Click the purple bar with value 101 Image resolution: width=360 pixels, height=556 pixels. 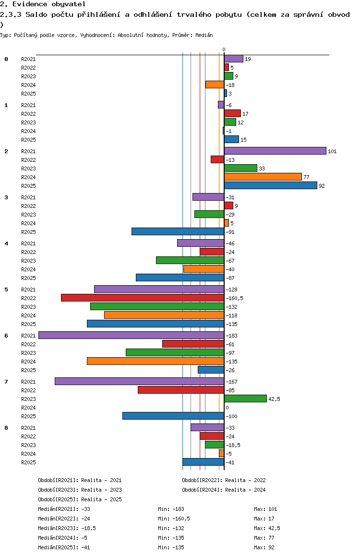pos(275,151)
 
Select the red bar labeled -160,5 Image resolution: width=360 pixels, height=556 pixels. pos(143,298)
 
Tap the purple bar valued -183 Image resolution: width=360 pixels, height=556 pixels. pos(131,336)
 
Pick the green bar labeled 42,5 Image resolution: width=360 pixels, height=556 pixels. pos(245,399)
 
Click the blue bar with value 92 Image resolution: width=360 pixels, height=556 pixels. pos(271,185)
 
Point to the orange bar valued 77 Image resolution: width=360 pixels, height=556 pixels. pos(263,177)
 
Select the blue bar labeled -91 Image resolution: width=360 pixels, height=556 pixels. pos(178,231)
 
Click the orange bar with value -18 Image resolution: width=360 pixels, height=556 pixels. pos(215,85)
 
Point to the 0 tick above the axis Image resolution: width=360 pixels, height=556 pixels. pos(224,49)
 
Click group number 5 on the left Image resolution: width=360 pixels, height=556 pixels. pos(6,290)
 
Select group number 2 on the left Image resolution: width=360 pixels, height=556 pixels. pos(6,151)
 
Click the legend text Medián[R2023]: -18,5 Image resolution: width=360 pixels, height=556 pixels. pos(67,528)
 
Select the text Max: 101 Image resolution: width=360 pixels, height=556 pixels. pos(265,509)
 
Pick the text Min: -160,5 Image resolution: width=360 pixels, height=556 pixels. pos(174,519)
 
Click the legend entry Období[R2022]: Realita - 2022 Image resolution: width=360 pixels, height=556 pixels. pos(224,481)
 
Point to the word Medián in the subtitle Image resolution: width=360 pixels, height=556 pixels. pos(204,35)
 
